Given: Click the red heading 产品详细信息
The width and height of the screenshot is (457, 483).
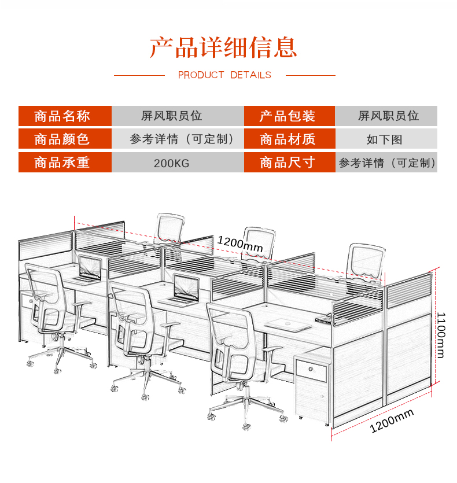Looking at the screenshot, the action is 224,47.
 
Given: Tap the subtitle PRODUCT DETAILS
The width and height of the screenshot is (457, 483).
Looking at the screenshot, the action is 224,75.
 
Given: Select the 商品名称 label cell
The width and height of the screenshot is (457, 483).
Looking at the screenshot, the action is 64,116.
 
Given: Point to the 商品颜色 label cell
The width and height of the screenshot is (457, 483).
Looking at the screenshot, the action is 64,139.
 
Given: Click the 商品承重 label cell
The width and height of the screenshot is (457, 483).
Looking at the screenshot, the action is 64,163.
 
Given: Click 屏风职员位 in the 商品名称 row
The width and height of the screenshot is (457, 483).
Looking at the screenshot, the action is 171,116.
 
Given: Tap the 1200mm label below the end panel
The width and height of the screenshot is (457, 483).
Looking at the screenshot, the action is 392,421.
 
